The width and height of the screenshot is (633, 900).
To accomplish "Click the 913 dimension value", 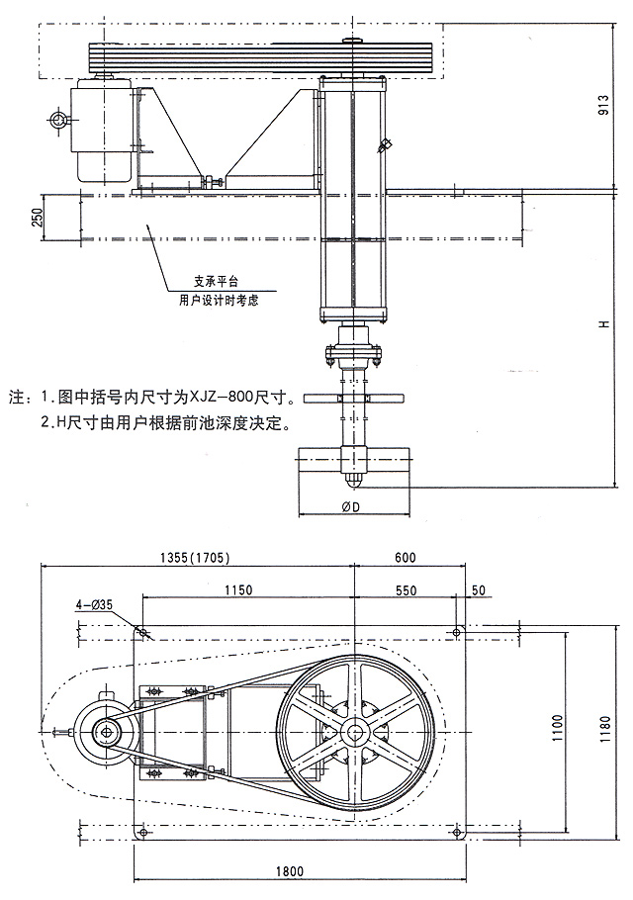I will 603,106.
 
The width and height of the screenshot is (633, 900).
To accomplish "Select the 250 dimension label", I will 38,217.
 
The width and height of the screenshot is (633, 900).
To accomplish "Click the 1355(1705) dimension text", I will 194,558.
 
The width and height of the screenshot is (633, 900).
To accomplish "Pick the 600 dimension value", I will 406,558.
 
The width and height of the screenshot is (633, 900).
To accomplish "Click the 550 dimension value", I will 405,590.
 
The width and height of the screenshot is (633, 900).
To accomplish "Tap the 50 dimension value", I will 479,590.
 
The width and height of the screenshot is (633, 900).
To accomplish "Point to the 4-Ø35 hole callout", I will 93,604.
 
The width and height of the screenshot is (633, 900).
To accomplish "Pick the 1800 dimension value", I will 289,871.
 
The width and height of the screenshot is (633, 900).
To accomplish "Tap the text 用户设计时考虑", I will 219,299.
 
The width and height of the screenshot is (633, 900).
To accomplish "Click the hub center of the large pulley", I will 353,731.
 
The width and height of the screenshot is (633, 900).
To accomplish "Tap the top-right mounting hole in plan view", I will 458,632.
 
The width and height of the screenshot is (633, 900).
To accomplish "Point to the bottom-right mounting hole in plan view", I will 458,836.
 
